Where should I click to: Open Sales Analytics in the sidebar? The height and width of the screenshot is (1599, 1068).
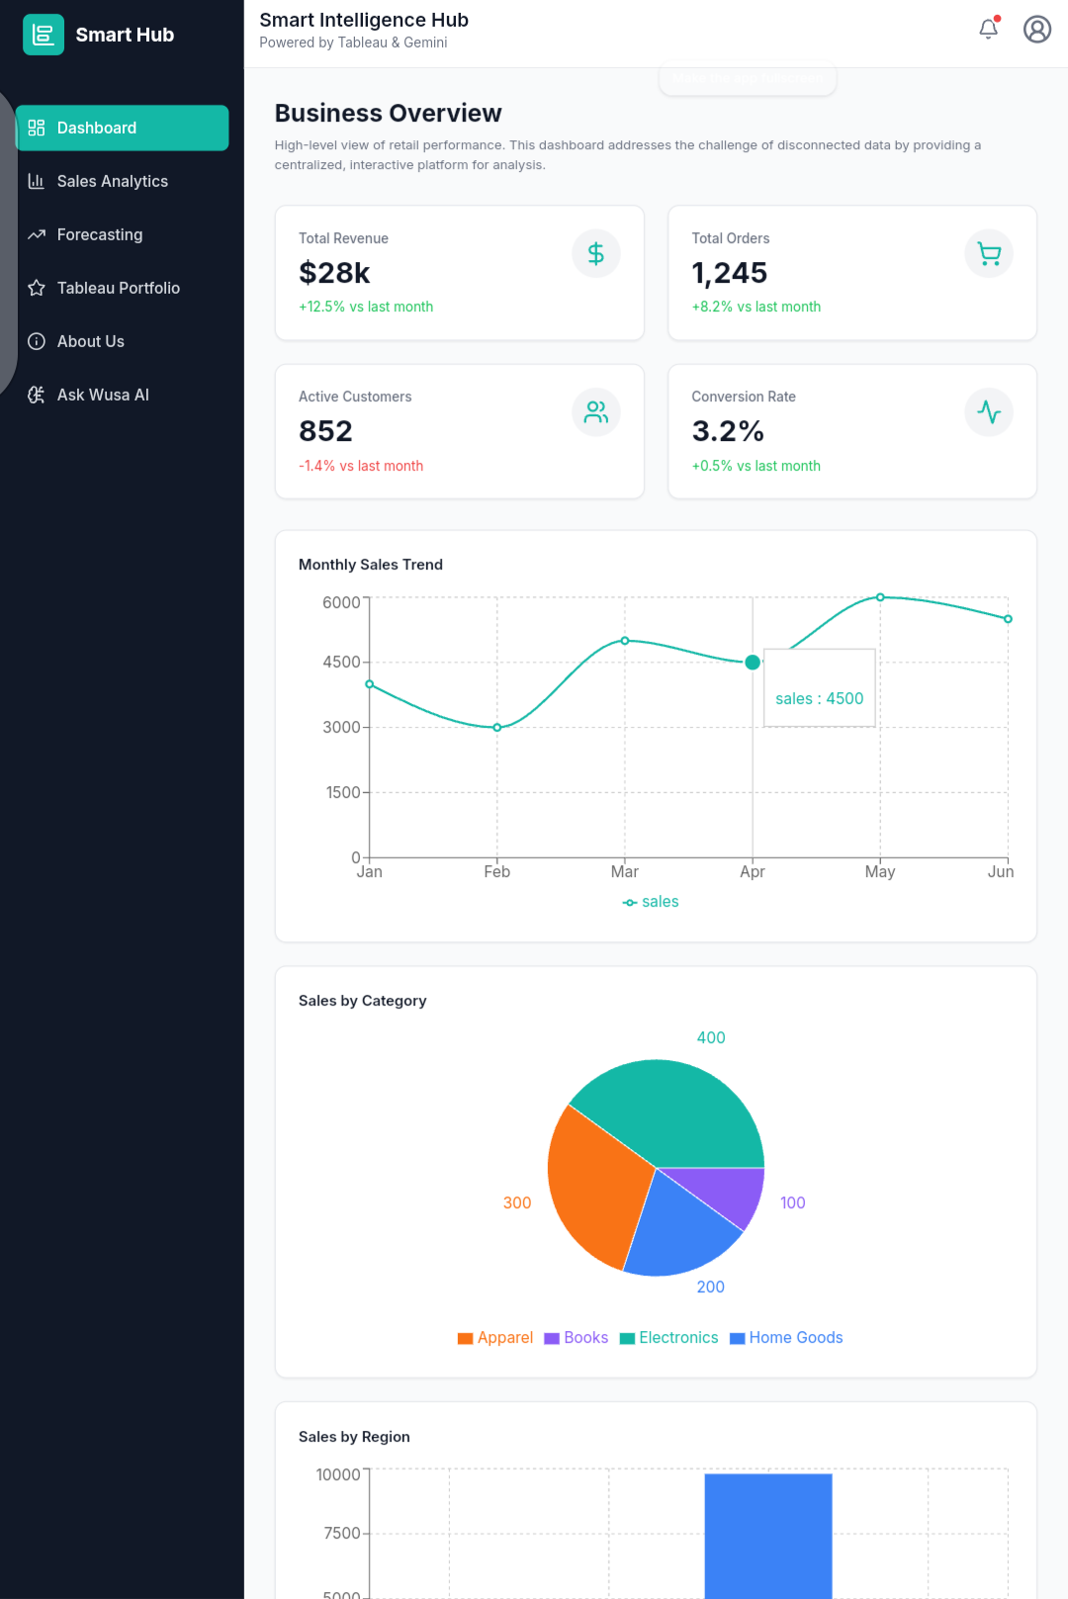point(112,181)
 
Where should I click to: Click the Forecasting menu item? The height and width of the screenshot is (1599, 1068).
point(99,234)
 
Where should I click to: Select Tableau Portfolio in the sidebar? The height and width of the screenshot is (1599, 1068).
point(118,288)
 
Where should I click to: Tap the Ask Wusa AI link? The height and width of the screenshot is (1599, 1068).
point(102,395)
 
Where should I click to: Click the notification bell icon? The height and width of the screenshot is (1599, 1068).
point(988,30)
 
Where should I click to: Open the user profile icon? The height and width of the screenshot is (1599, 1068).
point(1036,30)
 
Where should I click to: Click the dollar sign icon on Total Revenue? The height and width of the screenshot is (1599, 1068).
point(595,254)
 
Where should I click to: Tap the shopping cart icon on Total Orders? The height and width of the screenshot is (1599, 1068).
point(988,254)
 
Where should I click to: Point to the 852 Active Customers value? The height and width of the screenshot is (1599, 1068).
point(325,431)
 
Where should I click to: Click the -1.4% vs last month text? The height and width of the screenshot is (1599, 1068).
point(361,466)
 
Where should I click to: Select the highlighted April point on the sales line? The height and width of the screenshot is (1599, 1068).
point(753,663)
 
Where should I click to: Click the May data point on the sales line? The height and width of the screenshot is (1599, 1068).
point(880,597)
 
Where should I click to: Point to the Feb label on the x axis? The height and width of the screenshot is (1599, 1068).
point(496,872)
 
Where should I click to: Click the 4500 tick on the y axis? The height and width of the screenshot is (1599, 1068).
point(341,663)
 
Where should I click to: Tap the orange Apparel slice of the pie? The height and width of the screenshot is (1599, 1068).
point(593,1187)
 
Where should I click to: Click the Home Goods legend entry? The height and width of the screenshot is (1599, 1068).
point(786,1338)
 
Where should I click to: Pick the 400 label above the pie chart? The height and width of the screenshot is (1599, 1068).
point(711,1038)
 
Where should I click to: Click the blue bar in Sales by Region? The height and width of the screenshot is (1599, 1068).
point(767,1533)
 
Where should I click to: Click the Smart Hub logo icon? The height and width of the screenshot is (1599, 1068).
point(44,35)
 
